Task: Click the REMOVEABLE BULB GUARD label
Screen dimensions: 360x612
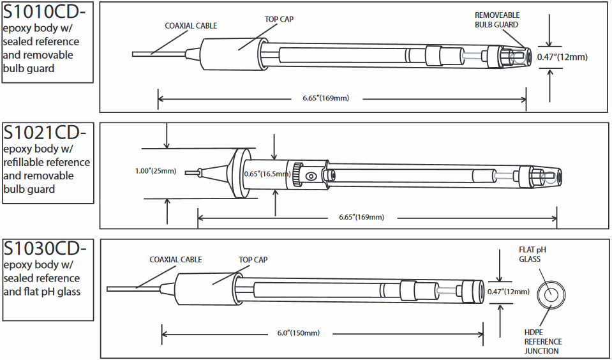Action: [496, 20]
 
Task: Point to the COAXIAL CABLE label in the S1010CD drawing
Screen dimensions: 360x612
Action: [191, 26]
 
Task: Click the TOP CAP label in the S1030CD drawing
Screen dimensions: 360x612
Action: [253, 260]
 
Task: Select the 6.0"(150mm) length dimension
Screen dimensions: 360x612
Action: [299, 333]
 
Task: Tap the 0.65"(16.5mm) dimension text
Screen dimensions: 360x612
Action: [269, 172]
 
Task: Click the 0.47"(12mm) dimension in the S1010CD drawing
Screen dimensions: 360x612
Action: [562, 57]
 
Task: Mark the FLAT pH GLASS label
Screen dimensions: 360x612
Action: [529, 254]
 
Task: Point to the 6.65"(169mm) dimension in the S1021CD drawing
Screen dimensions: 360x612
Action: [361, 217]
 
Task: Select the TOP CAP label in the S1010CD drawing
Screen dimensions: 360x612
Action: [279, 19]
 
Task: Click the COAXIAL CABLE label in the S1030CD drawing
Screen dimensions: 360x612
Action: [175, 260]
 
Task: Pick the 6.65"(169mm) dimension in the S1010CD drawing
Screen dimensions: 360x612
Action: [325, 98]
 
